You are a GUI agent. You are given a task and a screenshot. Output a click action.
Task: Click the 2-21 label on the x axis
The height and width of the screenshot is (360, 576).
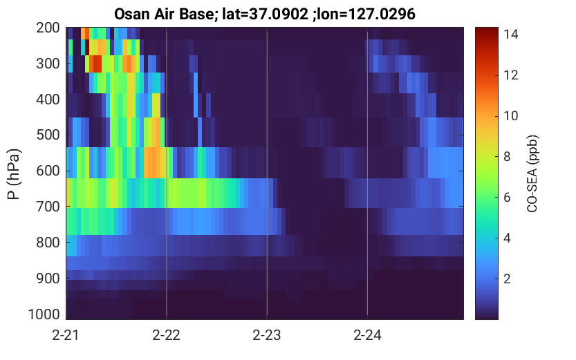(x=66, y=335)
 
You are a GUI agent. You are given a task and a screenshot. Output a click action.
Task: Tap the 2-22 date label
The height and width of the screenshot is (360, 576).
(x=166, y=335)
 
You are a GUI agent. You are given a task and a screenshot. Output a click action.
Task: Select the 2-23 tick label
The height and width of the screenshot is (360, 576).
(x=267, y=335)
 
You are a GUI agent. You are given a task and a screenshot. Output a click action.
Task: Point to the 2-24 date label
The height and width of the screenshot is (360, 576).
(x=367, y=335)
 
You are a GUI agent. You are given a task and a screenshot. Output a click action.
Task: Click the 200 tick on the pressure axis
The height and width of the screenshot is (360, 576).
(x=48, y=28)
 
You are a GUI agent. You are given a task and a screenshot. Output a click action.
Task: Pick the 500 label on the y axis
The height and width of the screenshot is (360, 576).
(x=48, y=135)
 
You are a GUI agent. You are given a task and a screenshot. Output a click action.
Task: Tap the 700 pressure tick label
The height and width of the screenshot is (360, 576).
(x=48, y=206)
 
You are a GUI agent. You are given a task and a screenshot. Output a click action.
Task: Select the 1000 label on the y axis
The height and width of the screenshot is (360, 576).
(x=44, y=314)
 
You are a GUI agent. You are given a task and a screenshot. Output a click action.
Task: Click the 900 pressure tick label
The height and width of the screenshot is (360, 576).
(x=48, y=278)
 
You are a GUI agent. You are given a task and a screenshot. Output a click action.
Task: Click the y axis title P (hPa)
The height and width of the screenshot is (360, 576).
(x=14, y=174)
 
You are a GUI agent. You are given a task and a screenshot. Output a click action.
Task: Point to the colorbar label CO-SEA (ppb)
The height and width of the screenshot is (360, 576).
(x=532, y=174)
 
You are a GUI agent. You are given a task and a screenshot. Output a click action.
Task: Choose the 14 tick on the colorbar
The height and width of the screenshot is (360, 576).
(x=510, y=34)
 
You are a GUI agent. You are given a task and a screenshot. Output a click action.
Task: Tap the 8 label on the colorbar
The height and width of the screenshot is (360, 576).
(x=507, y=157)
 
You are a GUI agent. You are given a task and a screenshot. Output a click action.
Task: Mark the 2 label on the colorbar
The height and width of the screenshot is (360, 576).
(x=507, y=279)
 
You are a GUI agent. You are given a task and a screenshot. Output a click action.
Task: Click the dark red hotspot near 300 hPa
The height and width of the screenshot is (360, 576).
(x=95, y=64)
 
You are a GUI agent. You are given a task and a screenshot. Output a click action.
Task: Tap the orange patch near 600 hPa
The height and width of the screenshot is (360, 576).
(x=154, y=162)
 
